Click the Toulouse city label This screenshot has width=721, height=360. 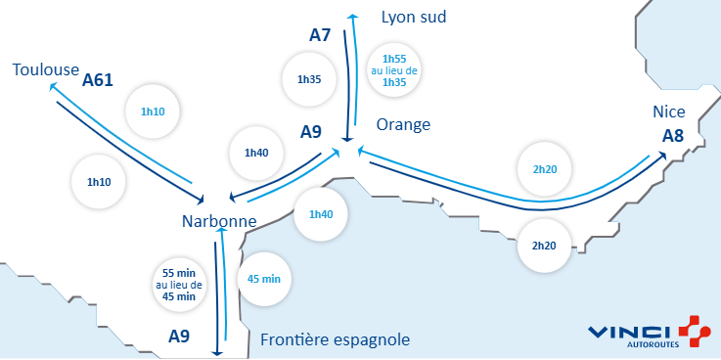(46, 69)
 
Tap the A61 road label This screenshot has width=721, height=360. (99, 79)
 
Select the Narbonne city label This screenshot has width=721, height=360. (218, 222)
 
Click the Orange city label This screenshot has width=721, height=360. (403, 124)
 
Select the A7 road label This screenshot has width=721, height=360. (320, 35)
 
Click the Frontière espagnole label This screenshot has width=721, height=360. (336, 340)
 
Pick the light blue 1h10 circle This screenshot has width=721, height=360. (153, 112)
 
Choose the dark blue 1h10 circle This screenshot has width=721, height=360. (98, 182)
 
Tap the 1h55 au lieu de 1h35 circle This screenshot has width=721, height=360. (394, 70)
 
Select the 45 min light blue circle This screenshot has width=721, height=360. (265, 279)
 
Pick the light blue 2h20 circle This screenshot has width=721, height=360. (545, 169)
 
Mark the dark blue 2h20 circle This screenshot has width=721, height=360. (544, 245)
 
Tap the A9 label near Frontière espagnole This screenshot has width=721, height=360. (179, 337)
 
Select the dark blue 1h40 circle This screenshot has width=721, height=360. (256, 153)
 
